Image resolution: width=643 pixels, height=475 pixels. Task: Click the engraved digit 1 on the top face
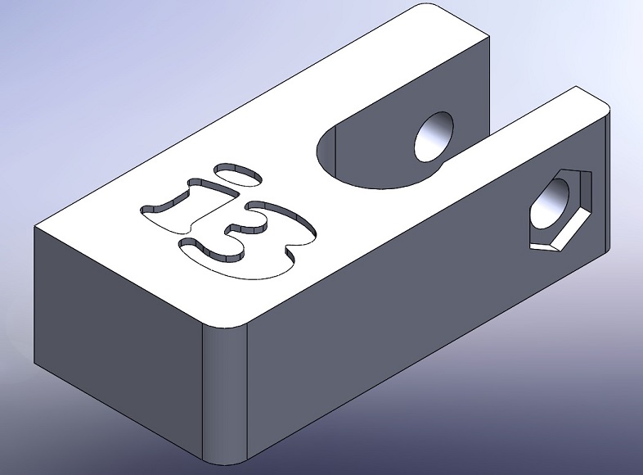tap(190, 206)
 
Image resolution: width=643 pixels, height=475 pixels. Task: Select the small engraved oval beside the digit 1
tap(238, 174)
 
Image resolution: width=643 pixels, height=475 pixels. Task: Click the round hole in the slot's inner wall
tap(434, 137)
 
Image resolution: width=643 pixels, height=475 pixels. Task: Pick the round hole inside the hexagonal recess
tap(551, 204)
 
